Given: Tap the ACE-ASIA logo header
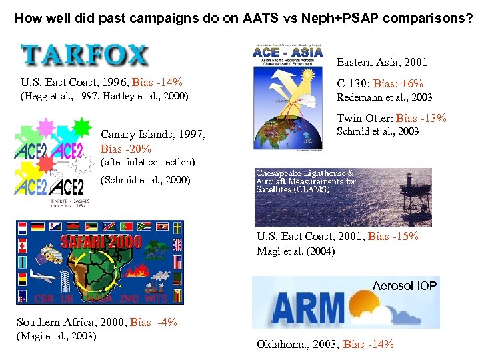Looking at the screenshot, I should click(x=288, y=51).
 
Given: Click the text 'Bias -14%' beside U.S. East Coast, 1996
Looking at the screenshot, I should click(x=158, y=83).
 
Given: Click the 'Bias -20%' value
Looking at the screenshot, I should click(x=126, y=148).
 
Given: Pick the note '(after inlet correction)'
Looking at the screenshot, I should click(x=147, y=162).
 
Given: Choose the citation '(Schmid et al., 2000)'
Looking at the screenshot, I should click(x=145, y=180).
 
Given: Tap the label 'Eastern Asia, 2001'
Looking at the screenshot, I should click(x=381, y=63).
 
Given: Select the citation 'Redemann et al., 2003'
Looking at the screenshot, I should click(x=385, y=97).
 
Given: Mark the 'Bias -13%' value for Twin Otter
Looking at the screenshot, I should click(x=421, y=119).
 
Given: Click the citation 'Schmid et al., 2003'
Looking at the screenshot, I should click(x=378, y=131).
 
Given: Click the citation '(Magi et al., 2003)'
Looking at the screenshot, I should click(x=57, y=335).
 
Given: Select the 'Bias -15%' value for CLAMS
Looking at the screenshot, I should click(x=393, y=237).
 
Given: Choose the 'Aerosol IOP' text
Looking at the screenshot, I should click(x=405, y=286).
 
